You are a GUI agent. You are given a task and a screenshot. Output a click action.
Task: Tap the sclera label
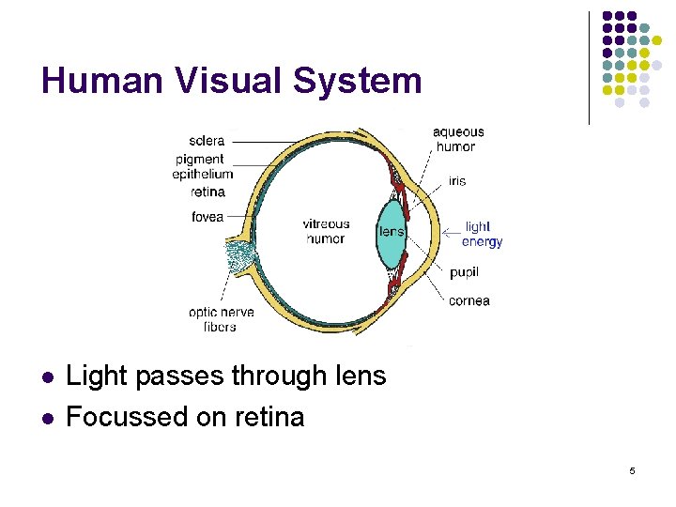pyautogui.click(x=207, y=141)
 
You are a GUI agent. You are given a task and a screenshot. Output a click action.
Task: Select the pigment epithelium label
pyautogui.click(x=202, y=167)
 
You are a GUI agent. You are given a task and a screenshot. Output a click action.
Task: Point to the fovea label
pyautogui.click(x=207, y=217)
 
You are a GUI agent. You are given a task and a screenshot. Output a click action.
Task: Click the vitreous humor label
pyautogui.click(x=326, y=231)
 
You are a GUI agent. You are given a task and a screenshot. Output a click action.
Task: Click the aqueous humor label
pyautogui.click(x=458, y=139)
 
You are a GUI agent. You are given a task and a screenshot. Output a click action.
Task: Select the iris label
pyautogui.click(x=457, y=181)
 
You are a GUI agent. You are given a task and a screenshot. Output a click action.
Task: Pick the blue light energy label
pyautogui.click(x=483, y=234)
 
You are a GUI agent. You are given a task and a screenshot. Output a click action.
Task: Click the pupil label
pyautogui.click(x=464, y=272)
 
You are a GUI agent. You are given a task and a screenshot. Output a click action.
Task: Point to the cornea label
pyautogui.click(x=469, y=301)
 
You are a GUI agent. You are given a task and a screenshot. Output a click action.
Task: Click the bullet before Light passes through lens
pyautogui.click(x=47, y=377)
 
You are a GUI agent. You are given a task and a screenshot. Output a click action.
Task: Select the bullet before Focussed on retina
pyautogui.click(x=47, y=418)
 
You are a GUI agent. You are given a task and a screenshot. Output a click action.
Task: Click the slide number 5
pyautogui.click(x=632, y=470)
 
